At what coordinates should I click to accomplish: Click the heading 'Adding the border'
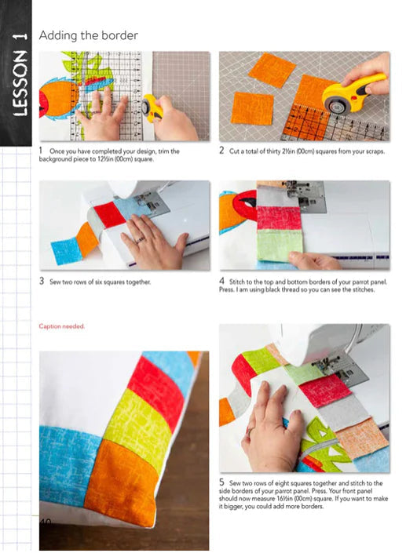pos(88,35)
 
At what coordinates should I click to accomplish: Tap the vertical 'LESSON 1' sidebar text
pos(20,75)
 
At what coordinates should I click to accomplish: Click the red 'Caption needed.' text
pos(62,326)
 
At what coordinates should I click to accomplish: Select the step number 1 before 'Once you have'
pos(41,151)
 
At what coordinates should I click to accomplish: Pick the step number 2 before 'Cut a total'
pos(221,151)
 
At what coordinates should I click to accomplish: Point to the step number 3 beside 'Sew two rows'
pos(42,281)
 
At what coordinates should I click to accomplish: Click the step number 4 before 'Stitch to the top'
pos(221,281)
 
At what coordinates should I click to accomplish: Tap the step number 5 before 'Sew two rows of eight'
pos(221,482)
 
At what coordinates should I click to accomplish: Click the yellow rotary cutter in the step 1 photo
pos(152,107)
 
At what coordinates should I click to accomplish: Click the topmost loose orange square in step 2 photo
pos(272,70)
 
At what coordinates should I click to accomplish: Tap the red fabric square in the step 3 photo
pos(111,214)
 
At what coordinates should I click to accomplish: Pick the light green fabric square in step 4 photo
pos(280,246)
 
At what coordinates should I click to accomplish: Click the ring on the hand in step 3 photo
pos(141,240)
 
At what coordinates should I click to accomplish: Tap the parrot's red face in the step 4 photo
pos(245,205)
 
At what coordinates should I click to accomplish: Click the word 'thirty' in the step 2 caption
pos(273,151)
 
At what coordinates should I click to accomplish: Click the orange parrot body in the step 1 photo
pos(59,98)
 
